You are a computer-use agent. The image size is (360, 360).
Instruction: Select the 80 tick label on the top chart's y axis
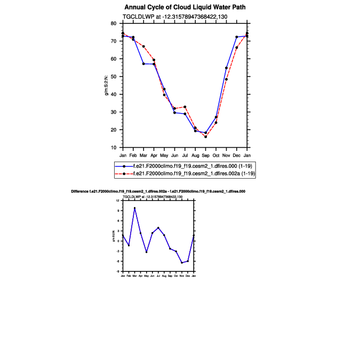click(x=114, y=23)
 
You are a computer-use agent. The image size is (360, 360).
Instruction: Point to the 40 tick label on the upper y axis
click(x=114, y=94)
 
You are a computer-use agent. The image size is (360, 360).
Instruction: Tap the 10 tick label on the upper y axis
click(x=114, y=147)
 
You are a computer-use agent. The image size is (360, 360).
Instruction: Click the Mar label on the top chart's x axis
click(x=143, y=155)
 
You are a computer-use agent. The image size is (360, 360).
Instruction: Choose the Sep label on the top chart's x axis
click(x=206, y=155)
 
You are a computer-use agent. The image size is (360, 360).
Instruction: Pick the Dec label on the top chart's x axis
click(x=237, y=155)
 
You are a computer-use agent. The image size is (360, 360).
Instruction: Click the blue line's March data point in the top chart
click(x=143, y=64)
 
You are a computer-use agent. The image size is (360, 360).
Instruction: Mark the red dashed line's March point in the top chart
click(x=143, y=46)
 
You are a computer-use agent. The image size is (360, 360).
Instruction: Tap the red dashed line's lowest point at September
click(x=206, y=137)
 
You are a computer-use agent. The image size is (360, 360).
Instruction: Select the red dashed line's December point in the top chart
click(x=237, y=48)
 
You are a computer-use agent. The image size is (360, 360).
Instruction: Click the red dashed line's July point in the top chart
click(x=185, y=107)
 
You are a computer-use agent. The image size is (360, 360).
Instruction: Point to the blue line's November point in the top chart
click(x=227, y=68)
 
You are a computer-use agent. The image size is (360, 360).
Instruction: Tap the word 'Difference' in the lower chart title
click(x=79, y=191)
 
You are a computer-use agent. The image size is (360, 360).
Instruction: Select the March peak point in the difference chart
click(x=134, y=208)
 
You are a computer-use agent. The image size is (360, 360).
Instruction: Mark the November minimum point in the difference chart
click(x=182, y=263)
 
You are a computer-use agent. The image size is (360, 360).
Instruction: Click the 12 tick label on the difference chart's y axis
click(x=118, y=201)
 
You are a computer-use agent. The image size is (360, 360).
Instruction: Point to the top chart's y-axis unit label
click(x=107, y=85)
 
